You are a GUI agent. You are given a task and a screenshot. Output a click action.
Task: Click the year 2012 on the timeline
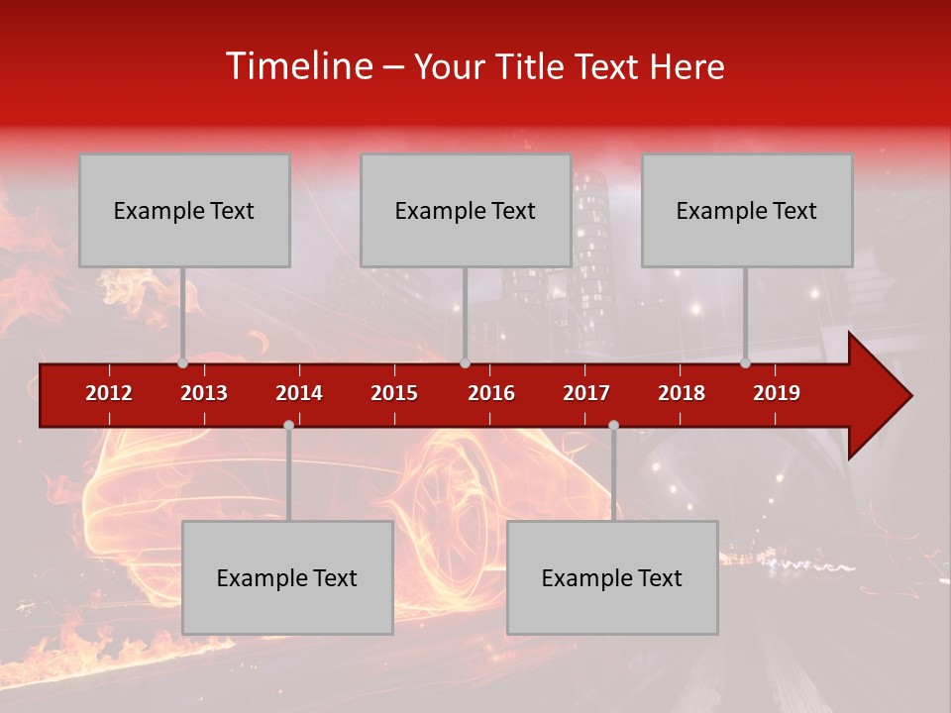(x=109, y=393)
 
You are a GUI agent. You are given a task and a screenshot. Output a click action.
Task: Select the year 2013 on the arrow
(x=204, y=393)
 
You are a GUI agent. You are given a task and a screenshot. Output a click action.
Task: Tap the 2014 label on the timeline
(x=299, y=393)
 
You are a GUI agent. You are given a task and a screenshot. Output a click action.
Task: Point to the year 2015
(x=394, y=393)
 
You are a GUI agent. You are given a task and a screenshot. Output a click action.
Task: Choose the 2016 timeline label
(x=491, y=393)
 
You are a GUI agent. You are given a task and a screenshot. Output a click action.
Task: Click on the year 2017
(x=586, y=393)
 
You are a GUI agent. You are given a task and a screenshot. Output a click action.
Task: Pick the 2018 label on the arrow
(x=682, y=393)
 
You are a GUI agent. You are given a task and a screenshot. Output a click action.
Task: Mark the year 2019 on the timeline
(x=777, y=393)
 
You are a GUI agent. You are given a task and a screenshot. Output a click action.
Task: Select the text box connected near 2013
(x=184, y=210)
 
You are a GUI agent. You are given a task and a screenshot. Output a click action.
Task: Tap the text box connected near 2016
(x=466, y=210)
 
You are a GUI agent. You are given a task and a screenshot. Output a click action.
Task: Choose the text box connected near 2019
(x=747, y=210)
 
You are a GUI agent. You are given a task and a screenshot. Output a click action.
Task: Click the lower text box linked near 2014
(x=287, y=577)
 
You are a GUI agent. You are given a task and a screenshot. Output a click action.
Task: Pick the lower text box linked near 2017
(x=612, y=577)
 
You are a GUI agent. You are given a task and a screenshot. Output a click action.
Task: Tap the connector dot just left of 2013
(x=182, y=362)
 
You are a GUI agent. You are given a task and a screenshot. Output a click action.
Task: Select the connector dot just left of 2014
(x=288, y=425)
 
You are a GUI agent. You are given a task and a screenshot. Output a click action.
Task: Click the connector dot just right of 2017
(x=613, y=425)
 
